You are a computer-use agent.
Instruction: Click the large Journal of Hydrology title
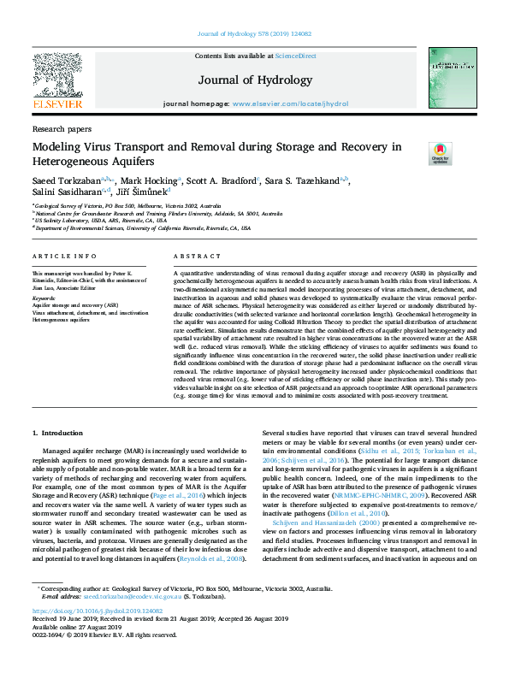tap(255, 80)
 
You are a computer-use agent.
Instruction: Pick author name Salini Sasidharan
tap(67, 193)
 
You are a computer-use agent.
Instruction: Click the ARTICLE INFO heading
tap(64, 257)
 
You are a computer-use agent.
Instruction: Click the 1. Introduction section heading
tap(58, 434)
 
